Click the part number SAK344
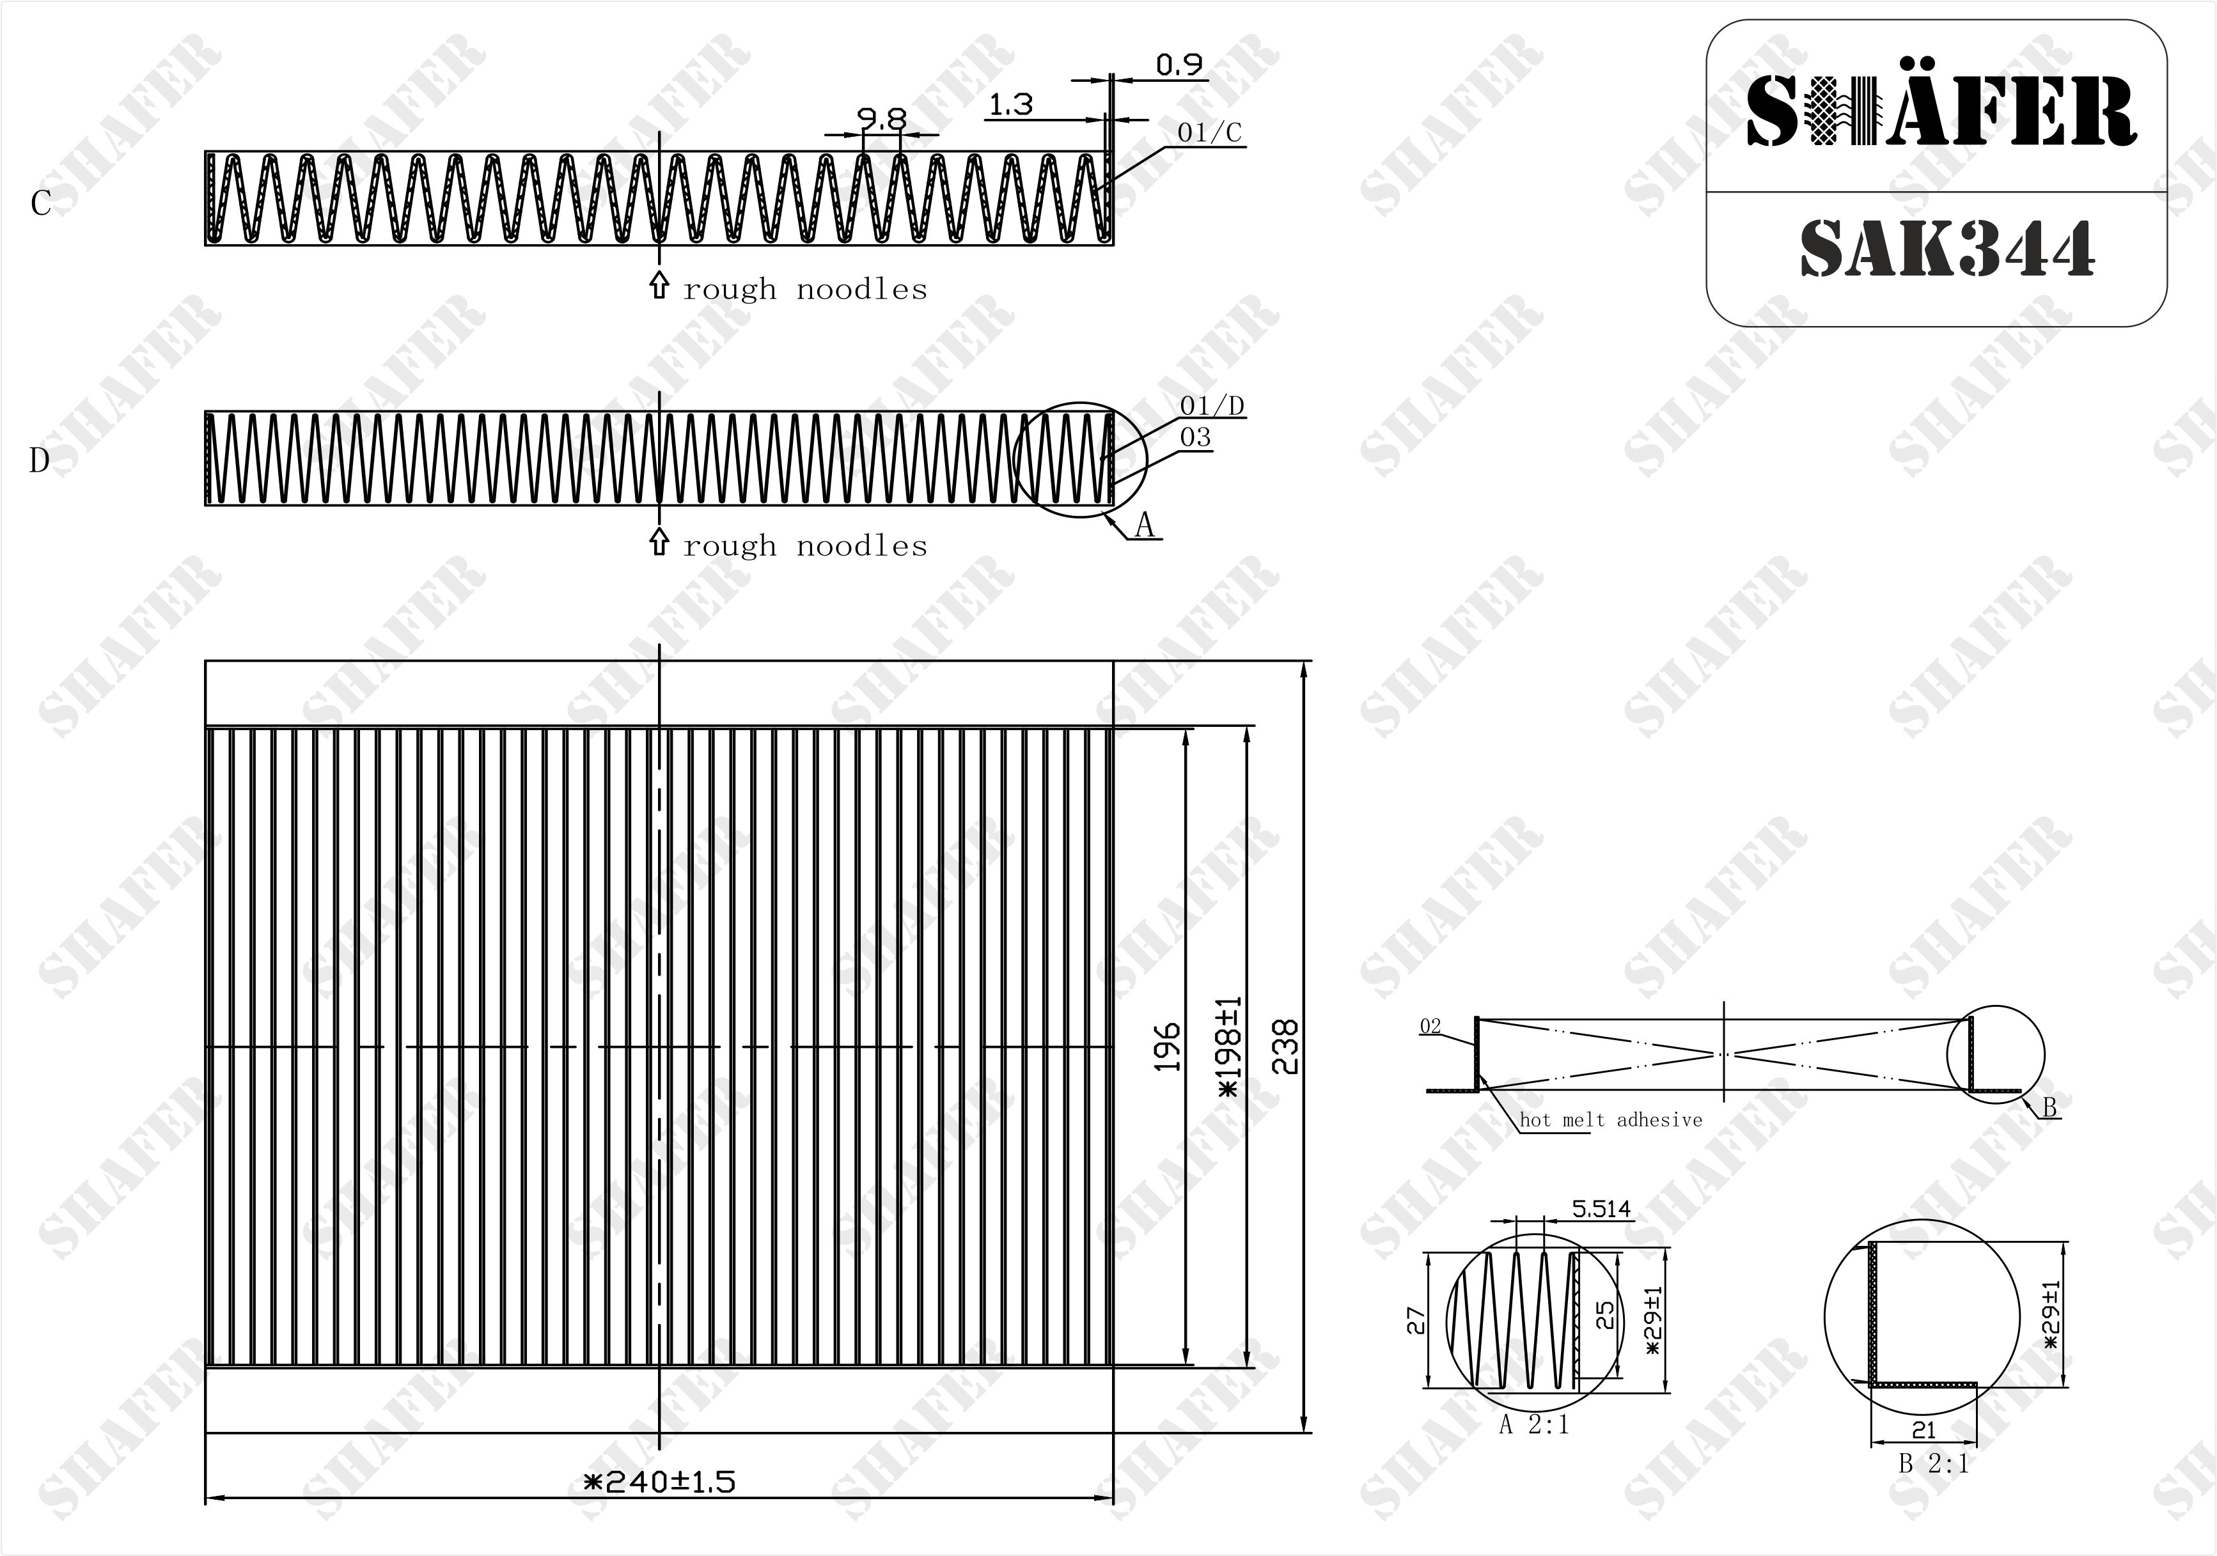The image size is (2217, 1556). pyautogui.click(x=1946, y=249)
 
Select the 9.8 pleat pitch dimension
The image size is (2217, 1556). pyautogui.click(x=882, y=120)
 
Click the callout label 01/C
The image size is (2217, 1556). pyautogui.click(x=1209, y=132)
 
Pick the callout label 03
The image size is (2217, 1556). pyautogui.click(x=1195, y=437)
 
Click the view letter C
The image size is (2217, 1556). pyautogui.click(x=40, y=204)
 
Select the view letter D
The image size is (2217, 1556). pyautogui.click(x=40, y=460)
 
